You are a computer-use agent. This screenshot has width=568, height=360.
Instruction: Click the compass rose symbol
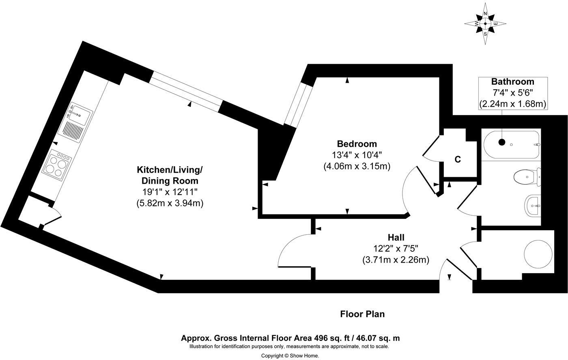(485, 24)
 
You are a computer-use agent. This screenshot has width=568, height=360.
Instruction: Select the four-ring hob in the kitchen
(57, 165)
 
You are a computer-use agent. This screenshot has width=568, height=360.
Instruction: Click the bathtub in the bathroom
(511, 145)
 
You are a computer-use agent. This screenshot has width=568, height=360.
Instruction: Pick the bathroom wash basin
(532, 206)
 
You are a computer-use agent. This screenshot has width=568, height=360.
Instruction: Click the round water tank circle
(538, 254)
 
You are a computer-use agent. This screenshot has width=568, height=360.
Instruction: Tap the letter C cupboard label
(458, 160)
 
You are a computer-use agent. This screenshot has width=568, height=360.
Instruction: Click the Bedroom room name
(357, 144)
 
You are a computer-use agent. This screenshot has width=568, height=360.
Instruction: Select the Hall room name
(396, 238)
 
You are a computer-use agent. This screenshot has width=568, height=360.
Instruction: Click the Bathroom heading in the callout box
(513, 81)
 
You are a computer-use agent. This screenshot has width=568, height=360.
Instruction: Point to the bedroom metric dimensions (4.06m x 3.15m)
(357, 166)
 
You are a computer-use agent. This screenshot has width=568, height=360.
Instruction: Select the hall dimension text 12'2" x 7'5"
(396, 249)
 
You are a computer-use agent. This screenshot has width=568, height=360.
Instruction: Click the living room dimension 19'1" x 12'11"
(170, 191)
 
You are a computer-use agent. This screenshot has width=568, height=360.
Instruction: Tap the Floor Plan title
(362, 314)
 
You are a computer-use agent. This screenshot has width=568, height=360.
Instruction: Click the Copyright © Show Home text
(290, 356)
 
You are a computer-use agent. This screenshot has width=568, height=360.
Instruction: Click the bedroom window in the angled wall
(297, 104)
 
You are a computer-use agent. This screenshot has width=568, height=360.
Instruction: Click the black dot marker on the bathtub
(502, 142)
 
